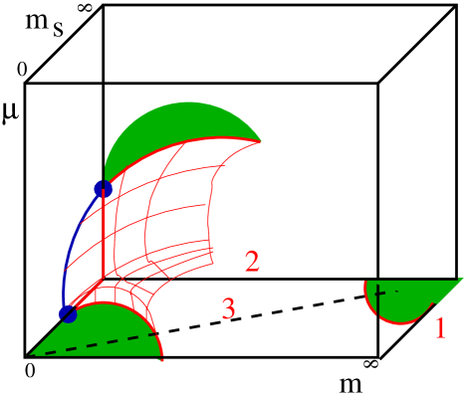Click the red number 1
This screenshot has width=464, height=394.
[440, 326]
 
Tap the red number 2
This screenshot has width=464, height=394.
[252, 263]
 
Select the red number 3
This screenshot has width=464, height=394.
[228, 309]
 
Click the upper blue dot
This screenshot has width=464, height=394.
[103, 188]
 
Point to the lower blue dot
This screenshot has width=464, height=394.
[68, 314]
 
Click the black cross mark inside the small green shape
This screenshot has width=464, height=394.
[379, 295]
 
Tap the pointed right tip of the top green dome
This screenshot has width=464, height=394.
[260, 140]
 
